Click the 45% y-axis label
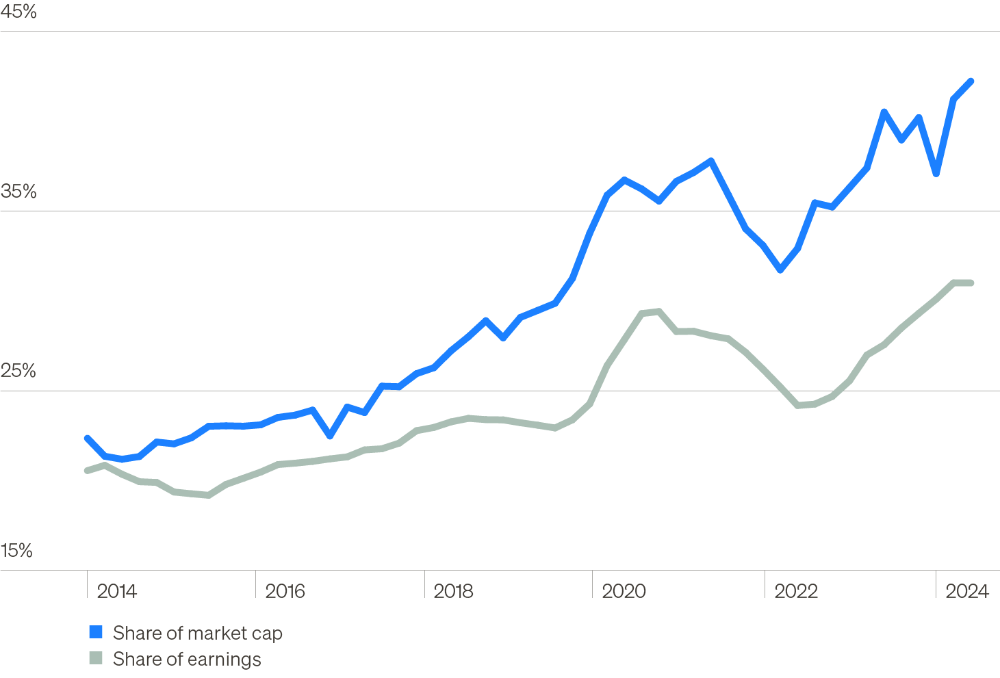coord(18,12)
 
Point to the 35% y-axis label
coord(18,192)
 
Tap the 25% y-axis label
coord(18,371)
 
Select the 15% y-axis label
coord(17,551)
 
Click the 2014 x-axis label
coord(116,591)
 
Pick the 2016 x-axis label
coord(285,591)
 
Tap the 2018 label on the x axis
coord(453,591)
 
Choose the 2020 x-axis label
coord(623,591)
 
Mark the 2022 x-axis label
coord(795,591)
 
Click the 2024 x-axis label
coord(966,591)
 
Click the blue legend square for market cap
coord(96,632)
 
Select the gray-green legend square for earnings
coord(96,658)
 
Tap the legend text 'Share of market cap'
coord(197,633)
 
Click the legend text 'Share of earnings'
coord(187,659)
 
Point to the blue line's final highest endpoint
coord(971,81)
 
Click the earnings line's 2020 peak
coord(658,312)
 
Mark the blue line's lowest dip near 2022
coord(780,270)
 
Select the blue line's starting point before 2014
coord(87,438)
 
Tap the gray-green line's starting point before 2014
coord(87,470)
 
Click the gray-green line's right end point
coord(971,283)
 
